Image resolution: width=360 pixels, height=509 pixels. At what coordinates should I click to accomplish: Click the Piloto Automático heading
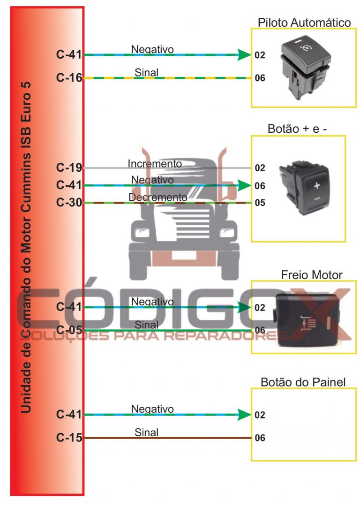pyautogui.click(x=304, y=23)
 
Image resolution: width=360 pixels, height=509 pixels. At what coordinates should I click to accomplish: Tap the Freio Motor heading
pyautogui.click(x=311, y=274)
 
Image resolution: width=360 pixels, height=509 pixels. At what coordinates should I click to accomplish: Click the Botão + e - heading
pyautogui.click(x=297, y=129)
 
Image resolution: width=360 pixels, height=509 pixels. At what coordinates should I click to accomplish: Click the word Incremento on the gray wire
pyautogui.click(x=155, y=164)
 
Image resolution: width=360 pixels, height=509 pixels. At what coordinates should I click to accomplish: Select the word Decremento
pyautogui.click(x=158, y=198)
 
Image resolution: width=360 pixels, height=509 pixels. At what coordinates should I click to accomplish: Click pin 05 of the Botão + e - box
pyautogui.click(x=260, y=203)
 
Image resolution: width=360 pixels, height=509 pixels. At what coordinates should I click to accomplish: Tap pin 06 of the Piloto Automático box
pyautogui.click(x=260, y=78)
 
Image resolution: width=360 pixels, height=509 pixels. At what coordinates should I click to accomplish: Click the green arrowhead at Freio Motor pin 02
pyautogui.click(x=244, y=308)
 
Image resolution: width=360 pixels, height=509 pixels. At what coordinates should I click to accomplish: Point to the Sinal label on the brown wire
pyautogui.click(x=147, y=432)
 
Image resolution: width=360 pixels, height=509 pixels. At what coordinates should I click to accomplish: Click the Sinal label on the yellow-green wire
pyautogui.click(x=147, y=72)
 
